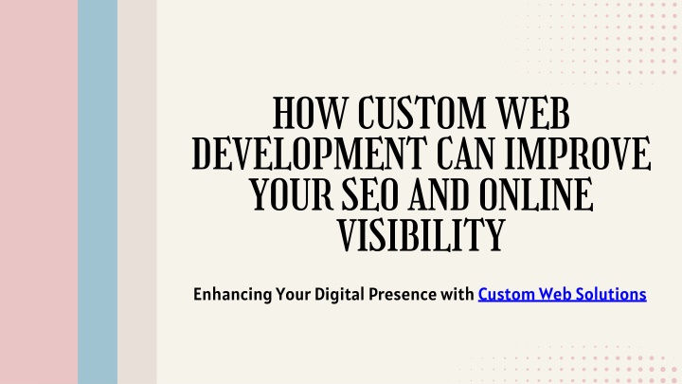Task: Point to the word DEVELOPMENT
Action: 309,154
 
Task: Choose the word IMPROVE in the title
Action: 578,154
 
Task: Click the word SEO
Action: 370,194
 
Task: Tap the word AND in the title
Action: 439,194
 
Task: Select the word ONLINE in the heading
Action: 536,194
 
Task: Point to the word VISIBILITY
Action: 421,235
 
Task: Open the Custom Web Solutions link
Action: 562,294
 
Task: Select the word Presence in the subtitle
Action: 403,294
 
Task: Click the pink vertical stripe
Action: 39,192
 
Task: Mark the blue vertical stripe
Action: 98,192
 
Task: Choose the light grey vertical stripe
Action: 137,192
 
